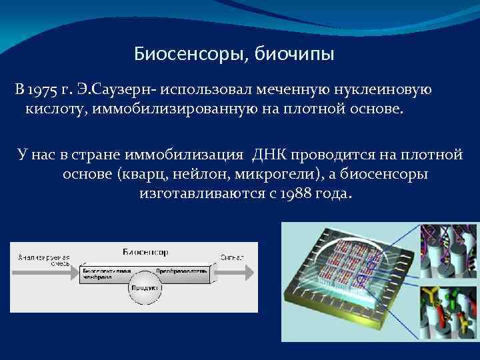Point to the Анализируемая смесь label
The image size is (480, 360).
point(44,260)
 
